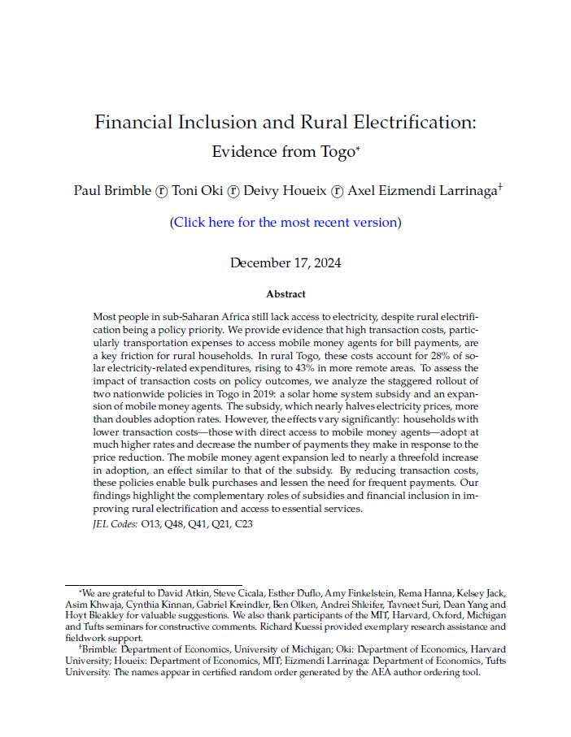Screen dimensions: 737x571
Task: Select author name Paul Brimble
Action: click(111, 191)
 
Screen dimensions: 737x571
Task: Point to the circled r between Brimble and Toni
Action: click(161, 192)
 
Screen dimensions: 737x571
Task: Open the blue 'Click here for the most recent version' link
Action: click(285, 222)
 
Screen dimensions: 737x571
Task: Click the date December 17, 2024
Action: click(285, 262)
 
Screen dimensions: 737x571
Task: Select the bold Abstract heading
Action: click(285, 294)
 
